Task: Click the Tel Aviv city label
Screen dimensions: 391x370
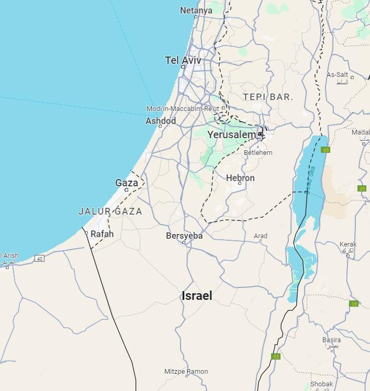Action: (183, 60)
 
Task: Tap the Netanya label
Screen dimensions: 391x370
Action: (196, 10)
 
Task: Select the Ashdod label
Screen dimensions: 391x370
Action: (160, 121)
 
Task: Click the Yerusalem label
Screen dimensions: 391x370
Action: (231, 135)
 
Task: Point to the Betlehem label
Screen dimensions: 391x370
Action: (257, 153)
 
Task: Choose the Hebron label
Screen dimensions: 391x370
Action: (240, 178)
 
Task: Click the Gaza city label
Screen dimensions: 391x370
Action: (127, 183)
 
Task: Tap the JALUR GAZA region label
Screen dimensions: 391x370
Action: (110, 211)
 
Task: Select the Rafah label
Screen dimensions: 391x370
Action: (102, 234)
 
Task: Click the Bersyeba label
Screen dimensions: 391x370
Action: (184, 236)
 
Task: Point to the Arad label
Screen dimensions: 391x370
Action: (260, 236)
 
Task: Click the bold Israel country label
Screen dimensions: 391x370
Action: (197, 296)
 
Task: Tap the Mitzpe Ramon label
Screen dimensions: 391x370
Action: (186, 372)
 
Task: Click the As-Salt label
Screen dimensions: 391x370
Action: (337, 75)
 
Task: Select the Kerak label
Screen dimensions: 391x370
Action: (347, 244)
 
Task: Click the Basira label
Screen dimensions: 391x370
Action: (331, 340)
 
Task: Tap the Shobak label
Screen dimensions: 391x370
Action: (321, 384)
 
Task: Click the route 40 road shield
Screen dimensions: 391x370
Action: (39, 259)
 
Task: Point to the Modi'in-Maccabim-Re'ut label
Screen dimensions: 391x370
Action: (183, 108)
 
